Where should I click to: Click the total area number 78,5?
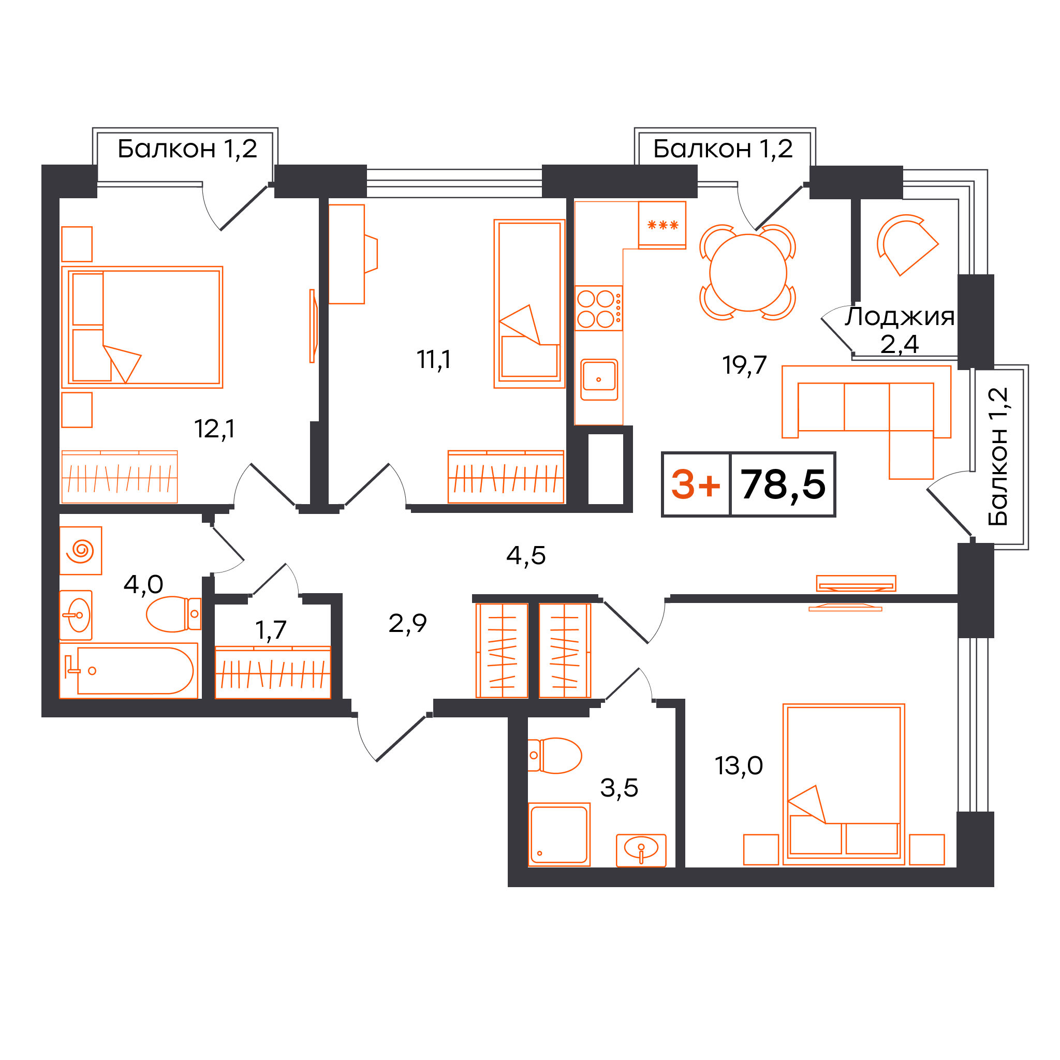pyautogui.click(x=783, y=484)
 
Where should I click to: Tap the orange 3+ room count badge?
pyautogui.click(x=696, y=485)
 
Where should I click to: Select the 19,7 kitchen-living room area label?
pyautogui.click(x=744, y=365)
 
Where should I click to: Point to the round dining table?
pyautogui.click(x=748, y=273)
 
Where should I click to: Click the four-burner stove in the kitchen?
pyautogui.click(x=599, y=308)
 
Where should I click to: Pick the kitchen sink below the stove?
pyautogui.click(x=599, y=380)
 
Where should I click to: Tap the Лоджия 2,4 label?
pyautogui.click(x=899, y=330)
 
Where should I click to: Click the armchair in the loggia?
pyautogui.click(x=907, y=244)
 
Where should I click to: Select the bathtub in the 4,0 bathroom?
pyautogui.click(x=128, y=670)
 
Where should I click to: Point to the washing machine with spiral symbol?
pyautogui.click(x=81, y=550)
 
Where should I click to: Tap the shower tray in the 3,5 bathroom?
pyautogui.click(x=558, y=834)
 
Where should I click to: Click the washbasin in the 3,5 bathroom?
pyautogui.click(x=641, y=850)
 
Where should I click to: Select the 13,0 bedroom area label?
pyautogui.click(x=739, y=766)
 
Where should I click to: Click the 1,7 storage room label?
pyautogui.click(x=271, y=630)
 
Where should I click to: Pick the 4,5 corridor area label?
pyautogui.click(x=526, y=556)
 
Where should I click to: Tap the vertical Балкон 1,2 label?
pyautogui.click(x=998, y=457)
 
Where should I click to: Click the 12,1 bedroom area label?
pyautogui.click(x=214, y=429)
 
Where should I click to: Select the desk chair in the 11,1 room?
pyautogui.click(x=371, y=254)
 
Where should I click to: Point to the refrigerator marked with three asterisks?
pyautogui.click(x=661, y=225)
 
